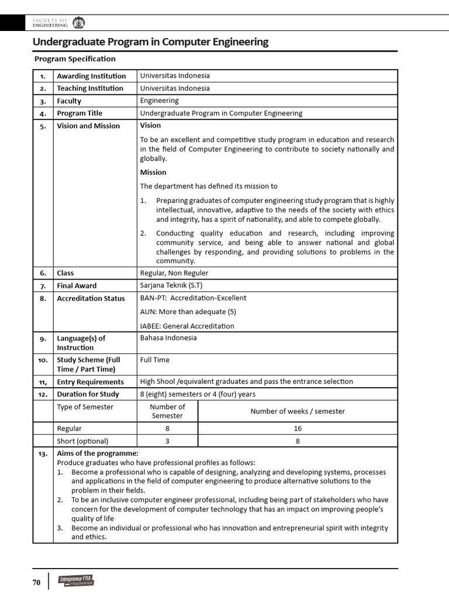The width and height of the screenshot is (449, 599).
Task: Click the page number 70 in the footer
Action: pos(36,583)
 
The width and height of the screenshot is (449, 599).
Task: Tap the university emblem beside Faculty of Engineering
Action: pos(78,23)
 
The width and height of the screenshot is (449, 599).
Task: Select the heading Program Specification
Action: pos(75,59)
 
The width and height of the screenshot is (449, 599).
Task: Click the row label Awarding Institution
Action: pos(91,76)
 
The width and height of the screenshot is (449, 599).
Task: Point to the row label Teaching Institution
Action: pos(90,88)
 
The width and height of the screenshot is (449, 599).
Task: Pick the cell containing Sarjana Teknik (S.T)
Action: pos(171,285)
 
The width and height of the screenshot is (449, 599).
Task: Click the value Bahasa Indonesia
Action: pos(168,338)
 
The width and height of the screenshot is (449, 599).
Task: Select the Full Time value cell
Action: pos(155,360)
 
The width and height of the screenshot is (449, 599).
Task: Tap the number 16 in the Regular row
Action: pos(298,428)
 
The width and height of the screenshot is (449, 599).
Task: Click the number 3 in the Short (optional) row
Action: pos(167,441)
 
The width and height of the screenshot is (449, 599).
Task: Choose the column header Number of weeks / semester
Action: pos(298,411)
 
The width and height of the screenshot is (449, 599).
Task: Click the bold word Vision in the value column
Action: pos(150,125)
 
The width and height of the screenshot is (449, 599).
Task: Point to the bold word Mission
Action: pos(153,172)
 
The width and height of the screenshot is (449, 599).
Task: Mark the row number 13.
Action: pos(43,454)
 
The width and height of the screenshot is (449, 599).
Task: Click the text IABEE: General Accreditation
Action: pos(187,326)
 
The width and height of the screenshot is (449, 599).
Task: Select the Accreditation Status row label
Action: pos(91,298)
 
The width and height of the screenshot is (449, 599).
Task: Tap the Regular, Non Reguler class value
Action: pos(174,273)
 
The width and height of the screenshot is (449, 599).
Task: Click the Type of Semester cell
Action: pos(85,407)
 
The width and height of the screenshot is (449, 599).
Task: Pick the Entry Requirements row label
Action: pos(90,382)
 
